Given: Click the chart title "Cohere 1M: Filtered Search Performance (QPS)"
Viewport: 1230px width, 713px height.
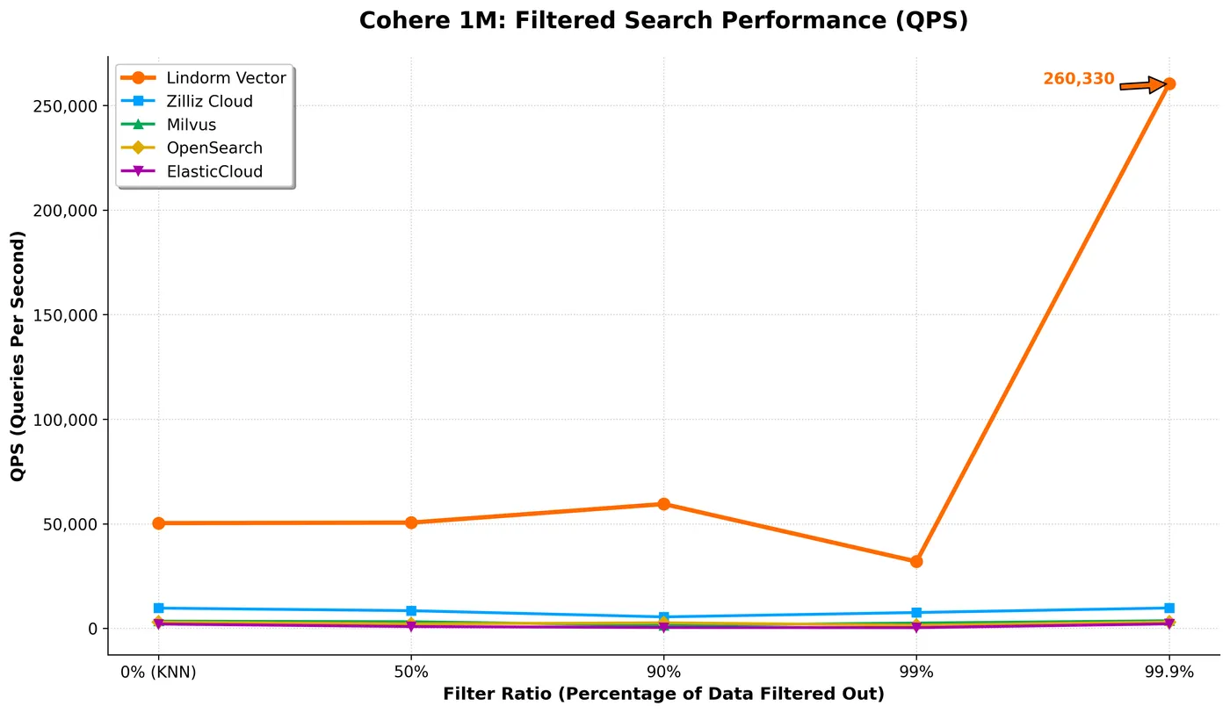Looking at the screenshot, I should (663, 21).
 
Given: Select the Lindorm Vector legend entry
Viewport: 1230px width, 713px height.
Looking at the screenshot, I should (226, 78).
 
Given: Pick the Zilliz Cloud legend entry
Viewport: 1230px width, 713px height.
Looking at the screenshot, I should (209, 101).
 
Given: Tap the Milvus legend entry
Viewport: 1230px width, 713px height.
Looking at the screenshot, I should (191, 125).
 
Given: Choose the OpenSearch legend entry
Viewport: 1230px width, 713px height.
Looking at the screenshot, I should (214, 148).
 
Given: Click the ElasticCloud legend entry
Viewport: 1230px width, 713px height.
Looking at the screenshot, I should (214, 171).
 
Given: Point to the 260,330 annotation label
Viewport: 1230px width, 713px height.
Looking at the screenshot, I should (1078, 79).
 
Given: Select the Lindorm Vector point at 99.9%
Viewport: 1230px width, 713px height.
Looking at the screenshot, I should (1168, 84).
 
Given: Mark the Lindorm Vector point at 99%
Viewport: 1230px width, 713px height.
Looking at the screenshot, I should (916, 561).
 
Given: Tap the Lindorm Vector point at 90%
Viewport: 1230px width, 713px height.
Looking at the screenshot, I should (663, 504).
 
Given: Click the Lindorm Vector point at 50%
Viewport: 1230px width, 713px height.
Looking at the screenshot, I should (411, 522).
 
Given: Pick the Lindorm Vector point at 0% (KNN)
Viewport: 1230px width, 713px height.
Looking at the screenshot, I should (158, 523).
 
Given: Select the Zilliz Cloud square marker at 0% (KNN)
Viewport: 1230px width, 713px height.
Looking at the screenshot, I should (158, 608).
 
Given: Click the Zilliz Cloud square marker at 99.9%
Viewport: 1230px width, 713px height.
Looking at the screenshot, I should (1168, 608).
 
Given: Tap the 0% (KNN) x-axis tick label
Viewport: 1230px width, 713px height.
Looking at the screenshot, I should (158, 673).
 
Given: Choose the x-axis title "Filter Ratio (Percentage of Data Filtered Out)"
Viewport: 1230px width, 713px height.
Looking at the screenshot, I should (663, 695).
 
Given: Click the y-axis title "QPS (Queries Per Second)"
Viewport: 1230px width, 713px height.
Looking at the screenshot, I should (18, 356).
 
